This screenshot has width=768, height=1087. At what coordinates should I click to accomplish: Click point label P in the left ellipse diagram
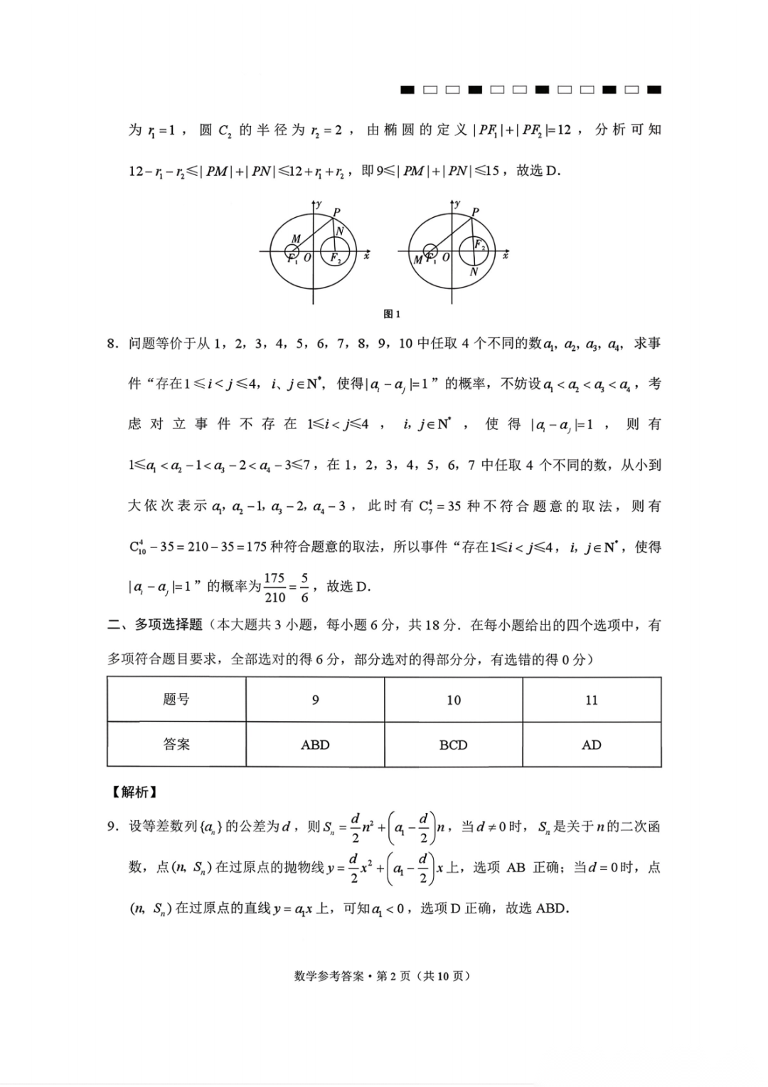pos(336,211)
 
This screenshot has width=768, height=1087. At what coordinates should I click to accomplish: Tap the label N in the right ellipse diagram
pos(474,272)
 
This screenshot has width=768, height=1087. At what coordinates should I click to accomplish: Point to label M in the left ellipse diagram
pos(296,238)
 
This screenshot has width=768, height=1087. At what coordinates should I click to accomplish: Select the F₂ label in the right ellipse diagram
pos(480,245)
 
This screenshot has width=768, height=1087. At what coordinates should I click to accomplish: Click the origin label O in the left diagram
pos(307,258)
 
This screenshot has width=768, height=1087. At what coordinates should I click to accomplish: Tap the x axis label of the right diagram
pos(506,255)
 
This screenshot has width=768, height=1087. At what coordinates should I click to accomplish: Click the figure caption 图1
pos(392,314)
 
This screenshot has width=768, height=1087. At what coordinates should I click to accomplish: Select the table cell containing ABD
pos(315,745)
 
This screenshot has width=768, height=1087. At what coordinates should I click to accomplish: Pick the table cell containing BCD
pos(453,745)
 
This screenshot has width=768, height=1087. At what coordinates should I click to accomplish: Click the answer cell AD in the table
pos(591,745)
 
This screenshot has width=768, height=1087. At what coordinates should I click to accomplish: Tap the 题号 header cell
pos(176,700)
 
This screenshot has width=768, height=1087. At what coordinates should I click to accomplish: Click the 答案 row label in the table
pos(176,745)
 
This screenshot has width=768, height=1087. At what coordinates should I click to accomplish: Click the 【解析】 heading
pos(133,792)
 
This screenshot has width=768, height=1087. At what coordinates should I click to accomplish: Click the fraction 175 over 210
pos(274,588)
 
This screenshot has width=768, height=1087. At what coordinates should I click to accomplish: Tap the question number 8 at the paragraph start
pos(112,345)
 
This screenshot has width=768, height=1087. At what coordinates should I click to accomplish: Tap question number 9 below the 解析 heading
pos(112,827)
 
